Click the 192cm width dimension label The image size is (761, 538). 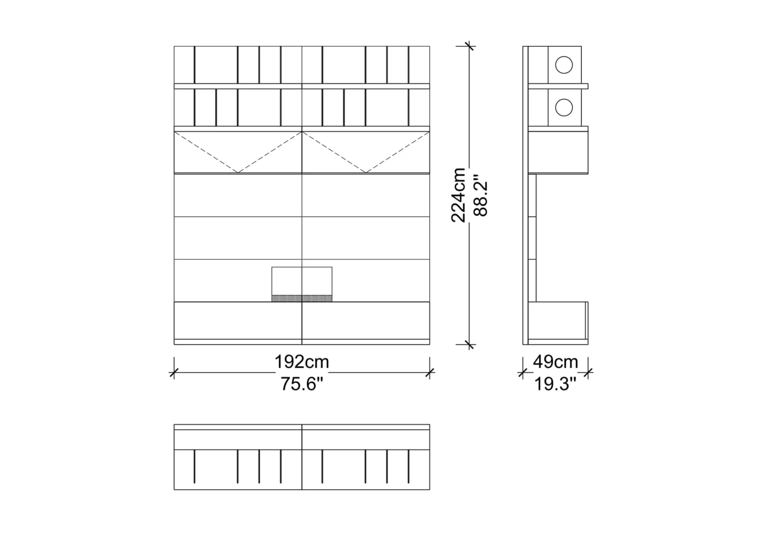coord(302,362)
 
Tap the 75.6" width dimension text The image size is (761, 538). coord(302,385)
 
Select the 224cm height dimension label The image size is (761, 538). coord(458,195)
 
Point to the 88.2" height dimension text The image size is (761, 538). coord(481,195)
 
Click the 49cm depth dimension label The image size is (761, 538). coord(555,362)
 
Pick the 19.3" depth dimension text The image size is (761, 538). coord(555,385)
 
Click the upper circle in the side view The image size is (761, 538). coord(564,65)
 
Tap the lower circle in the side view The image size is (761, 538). coord(564,108)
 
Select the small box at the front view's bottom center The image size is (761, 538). coord(302,284)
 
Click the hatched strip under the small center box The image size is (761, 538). coord(302,298)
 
